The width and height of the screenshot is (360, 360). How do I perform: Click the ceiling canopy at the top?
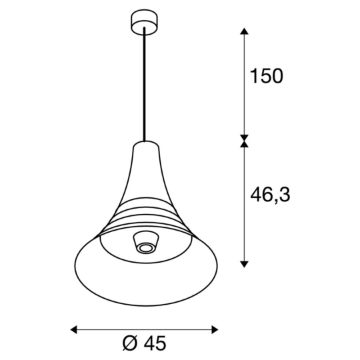tap(143, 21)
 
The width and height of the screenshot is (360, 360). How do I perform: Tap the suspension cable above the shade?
tap(143, 87)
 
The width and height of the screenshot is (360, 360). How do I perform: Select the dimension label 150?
tap(266, 76)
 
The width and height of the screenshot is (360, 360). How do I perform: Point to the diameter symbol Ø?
tap(131, 343)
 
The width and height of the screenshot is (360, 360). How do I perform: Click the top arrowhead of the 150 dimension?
tap(245, 31)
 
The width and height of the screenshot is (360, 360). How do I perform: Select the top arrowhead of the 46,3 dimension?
tap(245, 145)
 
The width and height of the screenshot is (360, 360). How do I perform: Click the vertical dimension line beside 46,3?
tap(245, 200)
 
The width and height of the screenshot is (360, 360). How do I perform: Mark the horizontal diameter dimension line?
tap(144, 329)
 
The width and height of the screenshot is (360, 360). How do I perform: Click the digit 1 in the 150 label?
tap(253, 76)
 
